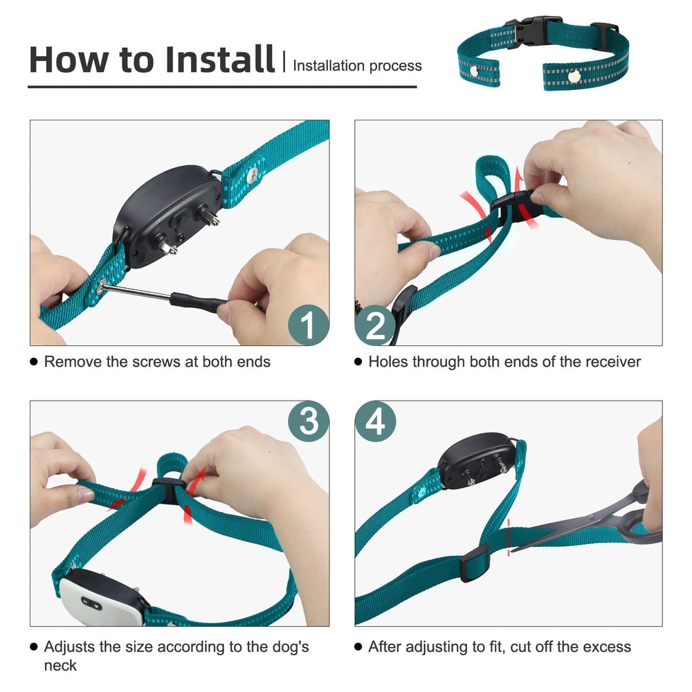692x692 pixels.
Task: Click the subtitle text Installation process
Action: pos(357,66)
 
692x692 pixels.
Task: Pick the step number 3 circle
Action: pos(308,421)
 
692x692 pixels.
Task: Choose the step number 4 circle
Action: pos(375,421)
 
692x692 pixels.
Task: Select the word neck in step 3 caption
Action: pos(60,666)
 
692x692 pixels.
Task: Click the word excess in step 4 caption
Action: pos(604,647)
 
